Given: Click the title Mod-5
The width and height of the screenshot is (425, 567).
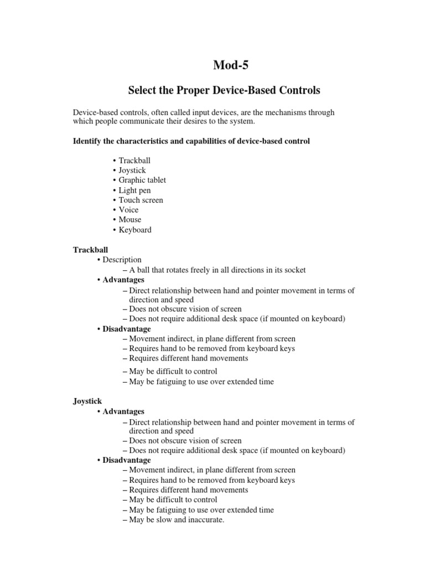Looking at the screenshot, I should (231, 65).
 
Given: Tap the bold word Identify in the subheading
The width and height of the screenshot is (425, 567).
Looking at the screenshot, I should (88, 141).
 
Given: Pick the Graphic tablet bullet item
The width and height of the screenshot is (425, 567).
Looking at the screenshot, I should (142, 180).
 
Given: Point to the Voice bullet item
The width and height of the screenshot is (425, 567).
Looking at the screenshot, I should (128, 210).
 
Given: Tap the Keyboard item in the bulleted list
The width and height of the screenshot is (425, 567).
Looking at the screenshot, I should (134, 230).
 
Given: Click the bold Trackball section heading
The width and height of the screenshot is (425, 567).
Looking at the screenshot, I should (89, 250).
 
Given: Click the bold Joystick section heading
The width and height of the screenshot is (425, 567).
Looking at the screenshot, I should (87, 401).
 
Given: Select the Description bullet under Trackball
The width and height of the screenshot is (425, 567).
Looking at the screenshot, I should (122, 260).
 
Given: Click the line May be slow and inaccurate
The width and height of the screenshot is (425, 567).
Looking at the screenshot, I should (176, 520).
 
